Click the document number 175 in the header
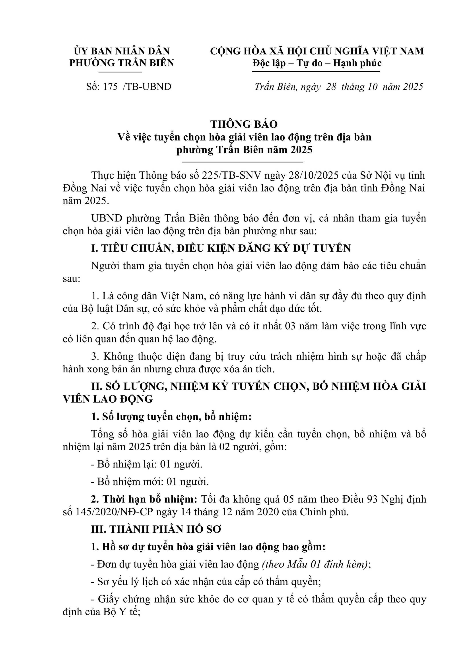pyautogui.click(x=110, y=87)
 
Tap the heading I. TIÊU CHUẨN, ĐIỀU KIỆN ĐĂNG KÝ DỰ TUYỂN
pyautogui.click(x=221, y=248)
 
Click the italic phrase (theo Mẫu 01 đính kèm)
pyautogui.click(x=315, y=564)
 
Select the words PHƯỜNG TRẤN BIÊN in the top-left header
pyautogui.click(x=122, y=63)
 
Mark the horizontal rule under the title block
pyautogui.click(x=243, y=162)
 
